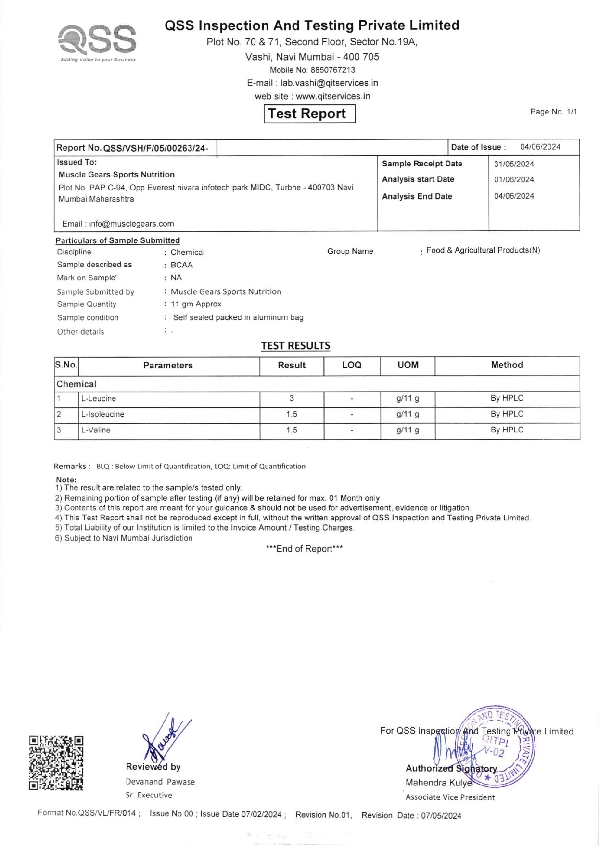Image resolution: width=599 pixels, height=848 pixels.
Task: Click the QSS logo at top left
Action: tap(97, 40)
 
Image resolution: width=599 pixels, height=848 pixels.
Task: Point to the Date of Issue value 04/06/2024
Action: tap(540, 147)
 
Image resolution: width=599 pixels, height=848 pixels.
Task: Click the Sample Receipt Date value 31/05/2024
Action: tap(514, 164)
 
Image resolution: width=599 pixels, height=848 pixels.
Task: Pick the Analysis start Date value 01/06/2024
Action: tap(514, 180)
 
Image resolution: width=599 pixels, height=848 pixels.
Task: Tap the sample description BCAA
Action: tap(181, 265)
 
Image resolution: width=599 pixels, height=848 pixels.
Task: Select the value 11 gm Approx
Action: tap(196, 304)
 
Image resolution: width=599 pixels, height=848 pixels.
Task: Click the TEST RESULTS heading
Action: tap(295, 346)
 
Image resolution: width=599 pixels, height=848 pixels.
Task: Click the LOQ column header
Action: tap(352, 366)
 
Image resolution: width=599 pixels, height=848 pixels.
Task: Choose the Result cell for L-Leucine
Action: tap(292, 399)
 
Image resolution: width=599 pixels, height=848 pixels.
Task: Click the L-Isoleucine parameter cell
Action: tap(102, 414)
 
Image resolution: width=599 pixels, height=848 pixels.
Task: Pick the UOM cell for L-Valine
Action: tap(408, 430)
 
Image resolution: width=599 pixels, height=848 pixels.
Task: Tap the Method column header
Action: tap(507, 365)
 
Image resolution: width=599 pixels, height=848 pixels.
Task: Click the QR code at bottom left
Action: tap(56, 763)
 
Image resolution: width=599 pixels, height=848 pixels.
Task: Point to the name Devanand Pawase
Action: tap(160, 782)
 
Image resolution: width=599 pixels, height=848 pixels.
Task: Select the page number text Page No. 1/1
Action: tap(553, 112)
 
